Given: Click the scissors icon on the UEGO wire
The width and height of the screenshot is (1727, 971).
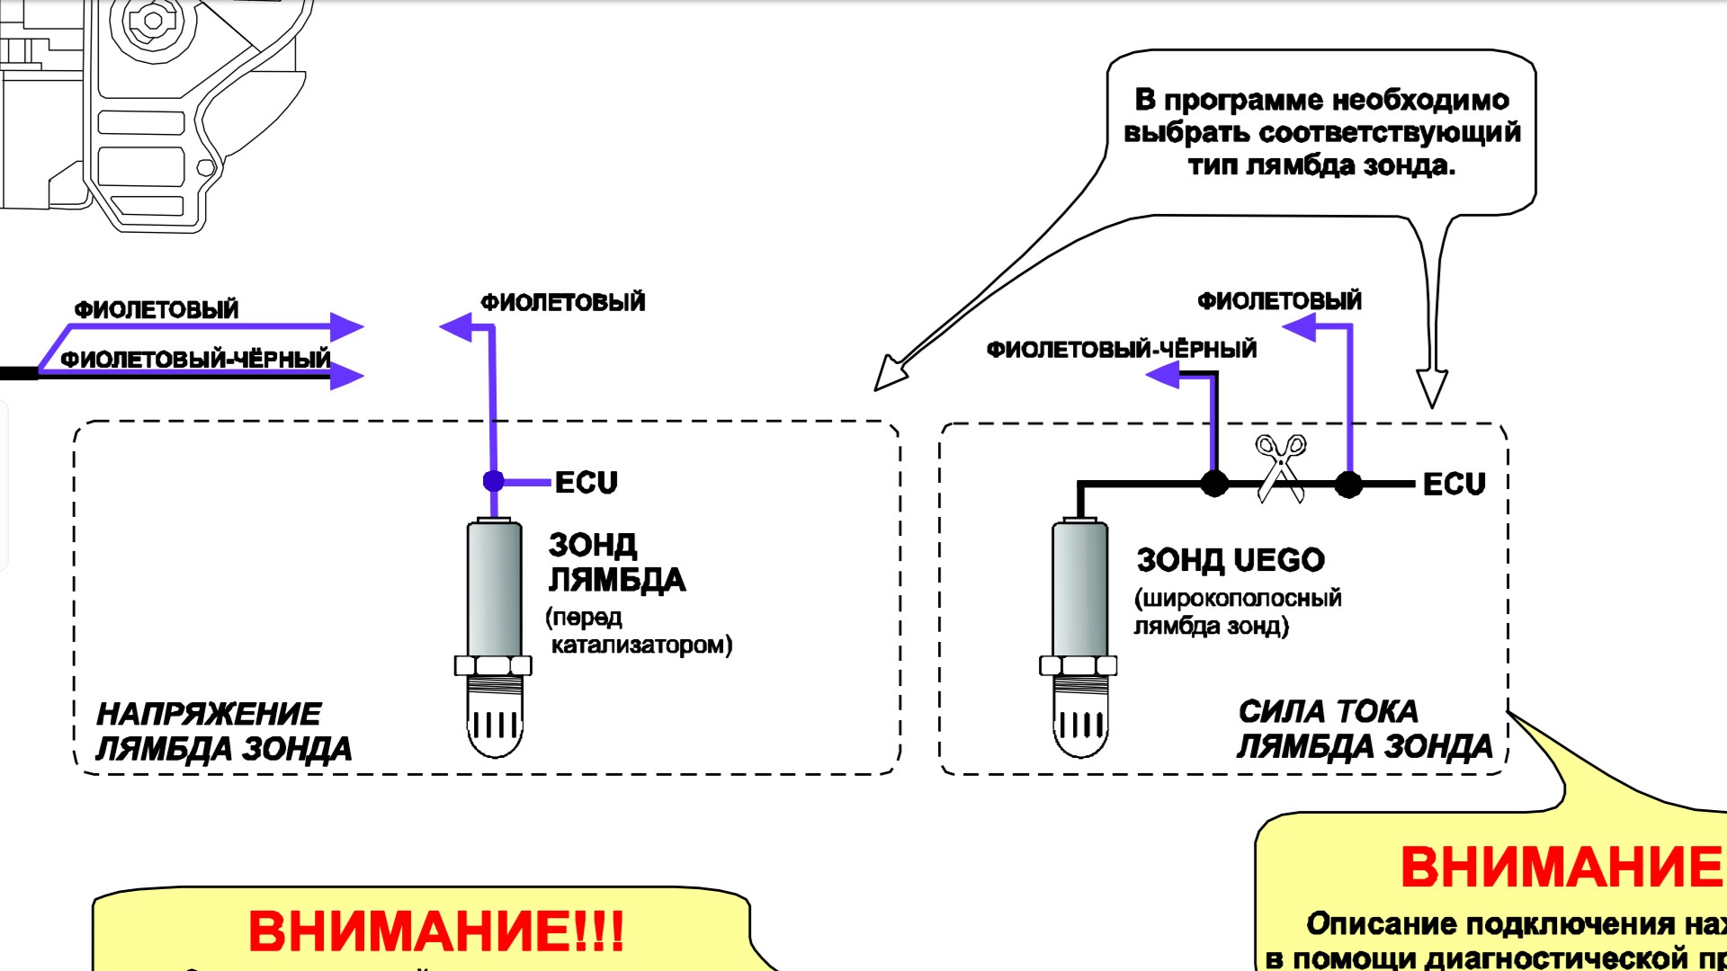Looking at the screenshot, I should click(x=1281, y=468).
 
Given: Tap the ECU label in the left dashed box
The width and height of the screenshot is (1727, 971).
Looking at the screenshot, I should click(x=586, y=483).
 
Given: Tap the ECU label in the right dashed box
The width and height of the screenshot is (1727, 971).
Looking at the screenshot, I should click(x=1454, y=485).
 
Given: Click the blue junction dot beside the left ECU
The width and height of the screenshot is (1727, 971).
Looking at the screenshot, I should click(x=493, y=481).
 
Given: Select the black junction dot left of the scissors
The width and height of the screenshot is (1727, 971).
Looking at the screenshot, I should click(x=1214, y=484).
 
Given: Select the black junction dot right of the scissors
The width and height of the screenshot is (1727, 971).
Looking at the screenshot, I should click(x=1347, y=485).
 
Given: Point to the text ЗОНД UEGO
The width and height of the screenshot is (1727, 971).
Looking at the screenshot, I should click(x=1230, y=560).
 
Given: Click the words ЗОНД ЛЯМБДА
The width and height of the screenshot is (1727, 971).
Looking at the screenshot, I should click(x=616, y=563).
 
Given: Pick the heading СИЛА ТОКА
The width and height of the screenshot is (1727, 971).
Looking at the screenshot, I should click(x=1328, y=712).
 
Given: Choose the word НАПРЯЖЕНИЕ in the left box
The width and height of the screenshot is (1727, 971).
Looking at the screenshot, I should click(x=209, y=714).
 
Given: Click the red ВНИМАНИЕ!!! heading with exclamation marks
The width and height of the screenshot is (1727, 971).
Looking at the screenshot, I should click(x=435, y=931).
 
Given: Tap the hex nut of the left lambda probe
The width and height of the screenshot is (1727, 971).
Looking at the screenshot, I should click(x=493, y=666).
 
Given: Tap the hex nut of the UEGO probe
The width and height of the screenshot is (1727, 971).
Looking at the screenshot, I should click(x=1078, y=666).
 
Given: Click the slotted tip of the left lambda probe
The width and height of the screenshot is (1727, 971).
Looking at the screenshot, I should click(x=494, y=724).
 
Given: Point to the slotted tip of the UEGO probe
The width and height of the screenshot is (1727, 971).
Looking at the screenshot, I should click(x=1079, y=724).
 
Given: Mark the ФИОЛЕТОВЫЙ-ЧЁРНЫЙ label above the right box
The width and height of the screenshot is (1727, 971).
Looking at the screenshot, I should click(x=1121, y=350).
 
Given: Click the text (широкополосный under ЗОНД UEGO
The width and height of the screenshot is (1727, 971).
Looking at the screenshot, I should click(x=1238, y=598).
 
